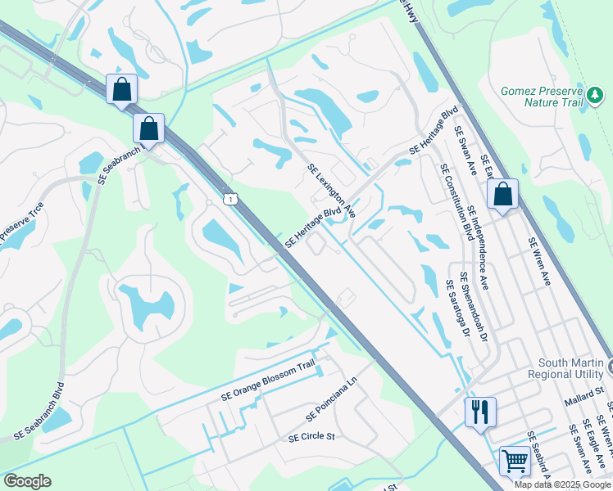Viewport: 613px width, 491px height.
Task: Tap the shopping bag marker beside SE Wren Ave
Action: [x=502, y=194]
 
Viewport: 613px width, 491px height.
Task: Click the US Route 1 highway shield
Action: [x=233, y=199]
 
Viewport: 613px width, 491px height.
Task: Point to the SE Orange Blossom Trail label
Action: [x=267, y=381]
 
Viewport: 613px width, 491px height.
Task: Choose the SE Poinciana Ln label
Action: [x=332, y=401]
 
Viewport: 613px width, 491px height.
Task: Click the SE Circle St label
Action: [x=312, y=437]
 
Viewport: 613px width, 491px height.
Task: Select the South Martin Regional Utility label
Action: [x=570, y=368]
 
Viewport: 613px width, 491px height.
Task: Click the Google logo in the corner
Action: [x=27, y=481]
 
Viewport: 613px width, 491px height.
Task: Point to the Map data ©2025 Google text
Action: [x=563, y=484]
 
